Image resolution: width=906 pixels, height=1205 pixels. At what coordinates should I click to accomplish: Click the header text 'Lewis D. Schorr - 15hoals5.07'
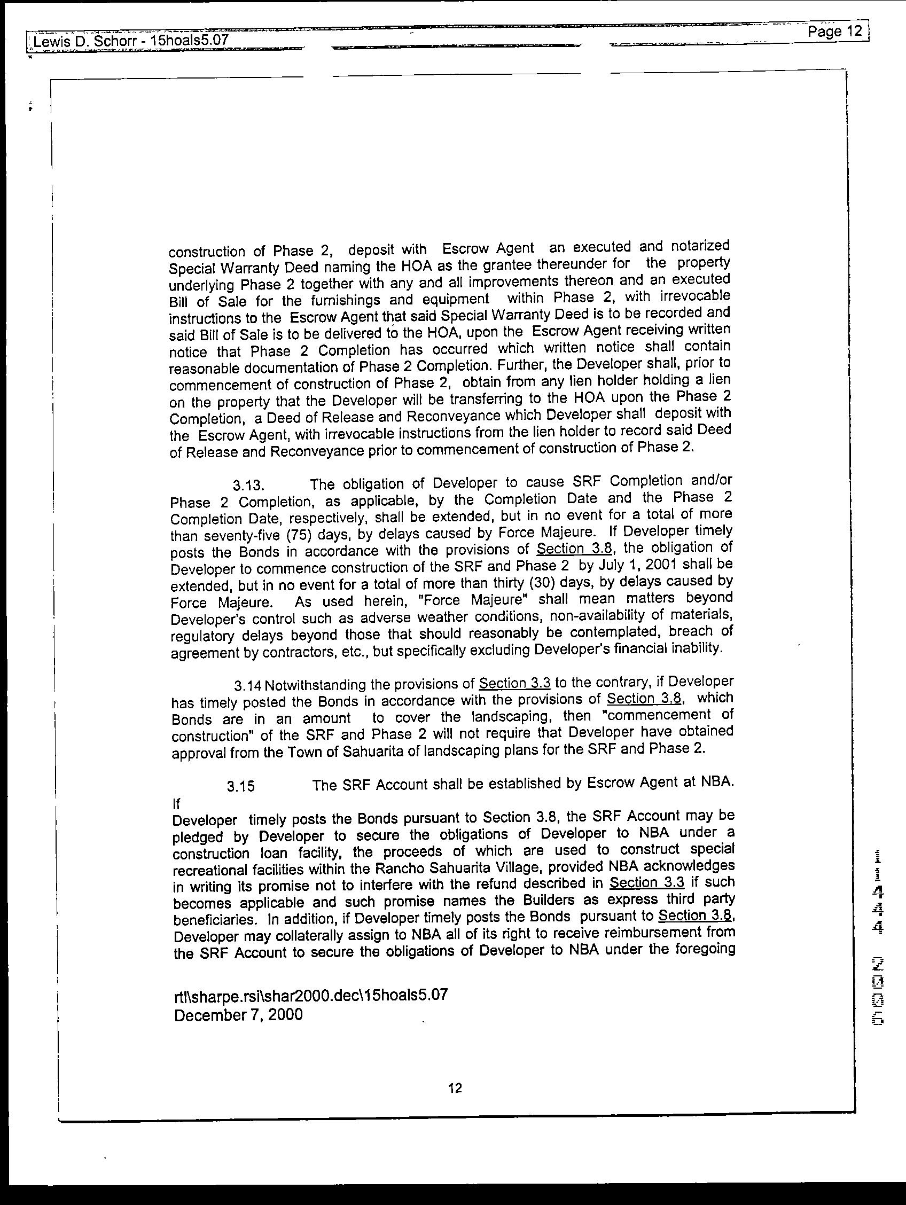(x=130, y=40)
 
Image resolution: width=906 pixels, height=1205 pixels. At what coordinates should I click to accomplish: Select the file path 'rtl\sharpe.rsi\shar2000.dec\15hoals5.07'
(x=310, y=995)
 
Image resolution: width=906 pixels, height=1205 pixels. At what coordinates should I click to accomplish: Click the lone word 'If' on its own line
(x=176, y=804)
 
